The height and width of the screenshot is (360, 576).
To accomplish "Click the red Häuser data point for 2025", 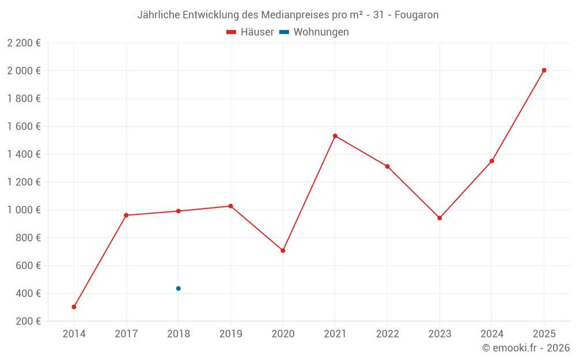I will pyautogui.click(x=544, y=70).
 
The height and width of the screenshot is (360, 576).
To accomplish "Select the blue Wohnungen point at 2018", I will pyautogui.click(x=179, y=289).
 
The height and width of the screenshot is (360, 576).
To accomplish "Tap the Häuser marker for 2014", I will pyautogui.click(x=74, y=307).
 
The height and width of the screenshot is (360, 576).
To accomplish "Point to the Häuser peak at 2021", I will pyautogui.click(x=335, y=136).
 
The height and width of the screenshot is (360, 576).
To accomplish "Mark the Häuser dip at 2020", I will pyautogui.click(x=283, y=251).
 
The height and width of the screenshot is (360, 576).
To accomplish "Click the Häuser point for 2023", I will pyautogui.click(x=439, y=218).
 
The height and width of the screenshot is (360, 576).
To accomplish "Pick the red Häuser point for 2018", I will pyautogui.click(x=179, y=211).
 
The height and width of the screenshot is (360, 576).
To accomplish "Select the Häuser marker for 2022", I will pyautogui.click(x=387, y=166).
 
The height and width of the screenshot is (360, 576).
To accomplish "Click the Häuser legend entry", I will pyautogui.click(x=251, y=32).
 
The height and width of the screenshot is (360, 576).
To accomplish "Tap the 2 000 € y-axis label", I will pyautogui.click(x=24, y=71).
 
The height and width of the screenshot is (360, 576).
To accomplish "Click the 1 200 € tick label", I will pyautogui.click(x=24, y=182).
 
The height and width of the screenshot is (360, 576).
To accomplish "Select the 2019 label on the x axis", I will pyautogui.click(x=230, y=334).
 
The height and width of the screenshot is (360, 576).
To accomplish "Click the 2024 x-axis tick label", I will pyautogui.click(x=491, y=334).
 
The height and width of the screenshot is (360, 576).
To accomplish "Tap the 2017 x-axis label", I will pyautogui.click(x=126, y=334).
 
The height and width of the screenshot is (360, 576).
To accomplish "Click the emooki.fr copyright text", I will pyautogui.click(x=526, y=348).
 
